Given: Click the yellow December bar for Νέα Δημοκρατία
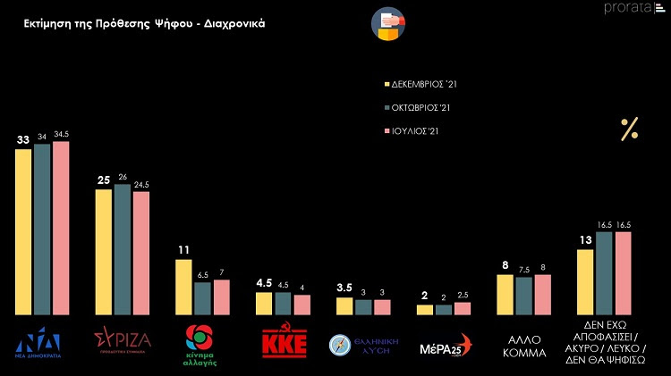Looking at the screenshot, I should [x=24, y=231].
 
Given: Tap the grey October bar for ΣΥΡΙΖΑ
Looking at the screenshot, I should [x=123, y=249].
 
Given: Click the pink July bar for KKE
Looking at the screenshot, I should [x=302, y=305].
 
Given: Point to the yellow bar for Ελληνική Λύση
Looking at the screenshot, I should [x=344, y=305].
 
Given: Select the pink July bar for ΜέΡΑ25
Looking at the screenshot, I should [x=462, y=308].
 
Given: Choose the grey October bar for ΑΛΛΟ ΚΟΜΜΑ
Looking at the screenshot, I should [x=523, y=296].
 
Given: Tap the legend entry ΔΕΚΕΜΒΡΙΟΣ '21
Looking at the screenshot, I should [x=420, y=85].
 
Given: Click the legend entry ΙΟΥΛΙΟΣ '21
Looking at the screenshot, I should [x=413, y=131].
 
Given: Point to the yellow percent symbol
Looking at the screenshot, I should [x=629, y=130].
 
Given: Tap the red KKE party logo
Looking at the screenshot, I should [x=284, y=343].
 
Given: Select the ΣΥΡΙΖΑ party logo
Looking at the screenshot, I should [x=123, y=340].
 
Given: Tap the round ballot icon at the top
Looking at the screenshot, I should [x=386, y=23].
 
